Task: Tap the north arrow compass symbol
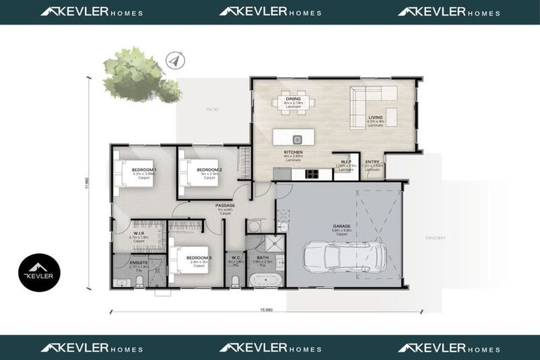173,62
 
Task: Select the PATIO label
212,109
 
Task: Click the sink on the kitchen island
297,139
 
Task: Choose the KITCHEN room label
292,152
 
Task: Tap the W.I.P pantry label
345,162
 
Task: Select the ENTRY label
372,162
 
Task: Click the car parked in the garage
344,257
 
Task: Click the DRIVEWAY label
435,238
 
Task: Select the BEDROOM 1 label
144,170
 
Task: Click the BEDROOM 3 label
199,257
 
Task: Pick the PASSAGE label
226,205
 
